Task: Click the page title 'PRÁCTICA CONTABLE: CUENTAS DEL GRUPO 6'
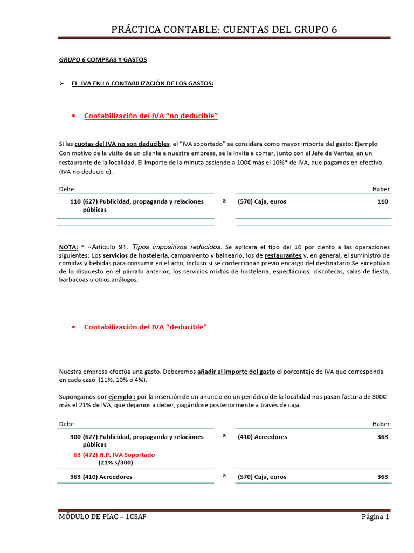[x=224, y=29]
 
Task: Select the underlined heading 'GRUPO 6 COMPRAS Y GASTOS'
[x=102, y=59]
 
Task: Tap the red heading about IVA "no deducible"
[x=151, y=116]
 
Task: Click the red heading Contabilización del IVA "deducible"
[x=146, y=327]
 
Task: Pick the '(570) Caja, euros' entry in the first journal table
[x=262, y=201]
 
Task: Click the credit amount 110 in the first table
[x=382, y=201]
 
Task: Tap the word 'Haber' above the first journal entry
[x=381, y=189]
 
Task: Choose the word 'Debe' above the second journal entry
[x=66, y=424]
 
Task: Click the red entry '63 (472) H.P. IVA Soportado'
[x=114, y=455]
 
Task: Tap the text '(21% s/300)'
[x=115, y=463]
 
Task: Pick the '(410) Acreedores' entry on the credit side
[x=263, y=436]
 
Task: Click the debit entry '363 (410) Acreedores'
[x=101, y=477]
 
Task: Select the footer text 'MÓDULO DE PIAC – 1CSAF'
[x=102, y=517]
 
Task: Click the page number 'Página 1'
[x=375, y=517]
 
